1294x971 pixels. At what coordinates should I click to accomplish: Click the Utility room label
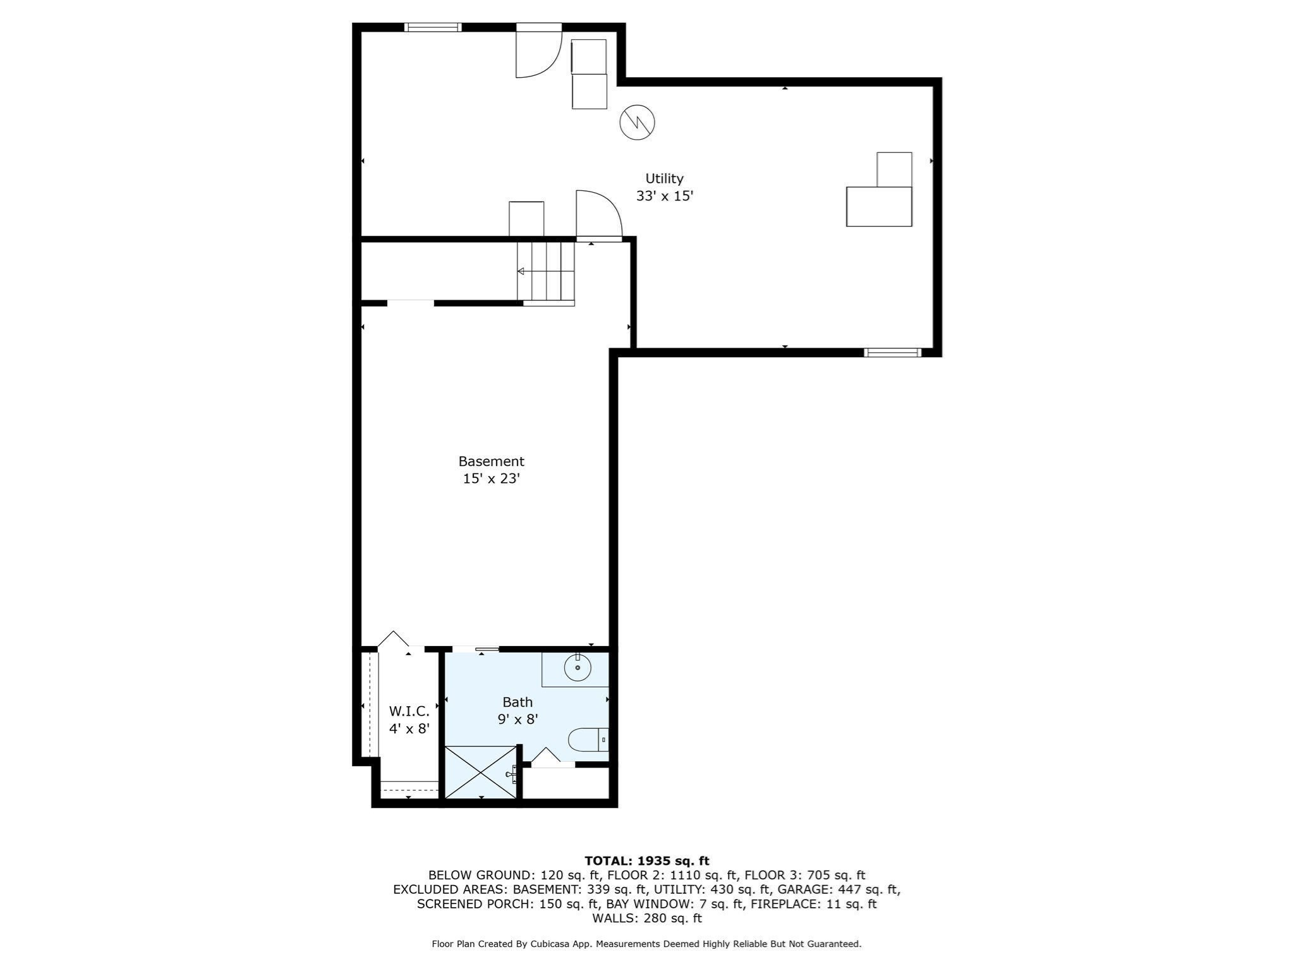(664, 179)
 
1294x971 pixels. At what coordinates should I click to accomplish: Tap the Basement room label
(491, 461)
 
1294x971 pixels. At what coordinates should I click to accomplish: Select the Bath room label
(517, 702)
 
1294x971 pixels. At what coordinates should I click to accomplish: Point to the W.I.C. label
(409, 711)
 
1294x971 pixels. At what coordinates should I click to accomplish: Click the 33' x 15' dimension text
(665, 196)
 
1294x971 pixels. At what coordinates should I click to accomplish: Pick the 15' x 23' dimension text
(491, 479)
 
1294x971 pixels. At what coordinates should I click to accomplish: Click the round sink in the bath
(577, 668)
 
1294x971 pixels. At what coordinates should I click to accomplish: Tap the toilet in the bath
(588, 740)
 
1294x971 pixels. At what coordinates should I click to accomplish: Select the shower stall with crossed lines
(481, 773)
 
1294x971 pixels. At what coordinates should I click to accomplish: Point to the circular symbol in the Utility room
(637, 122)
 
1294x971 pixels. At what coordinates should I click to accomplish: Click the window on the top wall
(433, 27)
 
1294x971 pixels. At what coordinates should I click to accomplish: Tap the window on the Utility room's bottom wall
(893, 353)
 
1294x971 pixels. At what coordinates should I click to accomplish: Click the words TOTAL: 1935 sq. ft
(647, 861)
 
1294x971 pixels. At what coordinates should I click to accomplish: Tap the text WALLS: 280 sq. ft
(647, 918)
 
